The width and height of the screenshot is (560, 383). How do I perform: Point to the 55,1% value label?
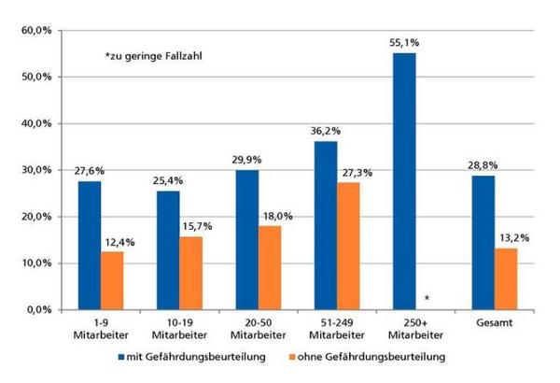pyautogui.click(x=404, y=43)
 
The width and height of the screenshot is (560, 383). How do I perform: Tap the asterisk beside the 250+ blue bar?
pyautogui.click(x=426, y=299)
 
